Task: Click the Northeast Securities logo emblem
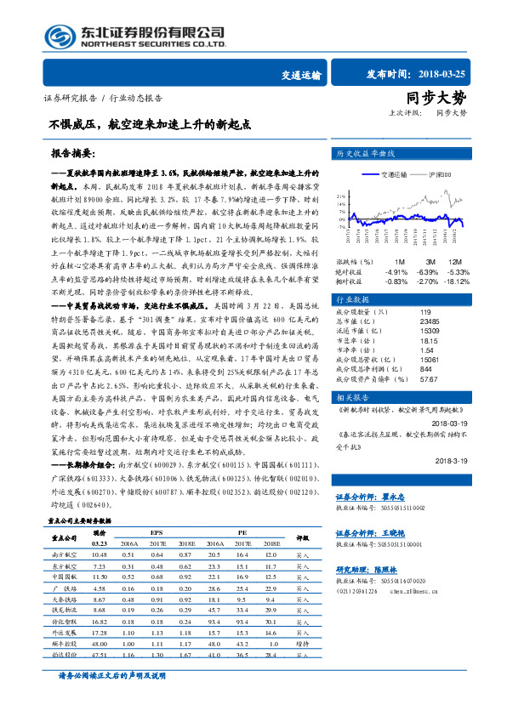click(60, 38)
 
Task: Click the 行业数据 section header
click(352, 300)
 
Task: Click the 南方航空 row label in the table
click(65, 554)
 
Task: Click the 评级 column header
click(302, 537)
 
